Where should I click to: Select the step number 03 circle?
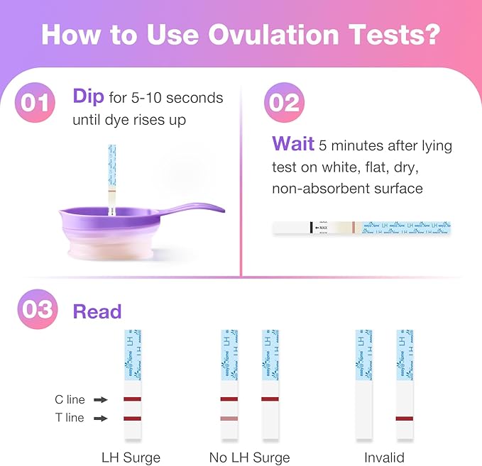35,311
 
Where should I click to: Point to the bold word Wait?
292,144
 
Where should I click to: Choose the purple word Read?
97,311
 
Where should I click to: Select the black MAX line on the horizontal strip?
312,227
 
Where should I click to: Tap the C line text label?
70,400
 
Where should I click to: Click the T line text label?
70,418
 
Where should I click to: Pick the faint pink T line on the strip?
229,418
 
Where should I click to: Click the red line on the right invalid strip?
405,418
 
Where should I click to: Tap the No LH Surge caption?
249,457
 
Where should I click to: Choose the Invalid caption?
384,457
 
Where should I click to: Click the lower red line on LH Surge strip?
132,418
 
